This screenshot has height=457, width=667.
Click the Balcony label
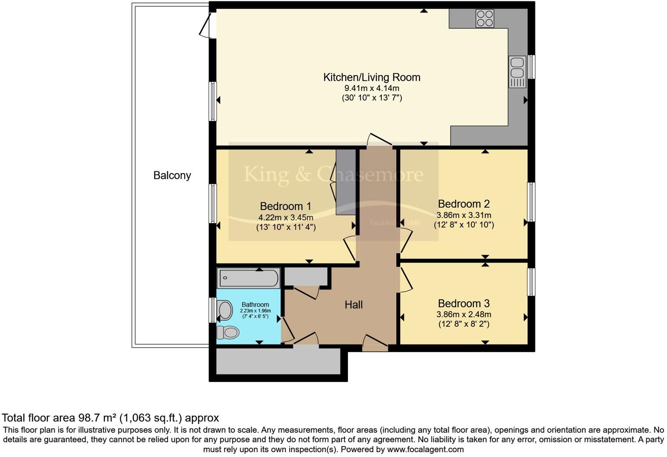coord(172,175)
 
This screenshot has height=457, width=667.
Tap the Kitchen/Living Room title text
coord(372,77)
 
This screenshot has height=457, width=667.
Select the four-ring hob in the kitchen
coord(484,18)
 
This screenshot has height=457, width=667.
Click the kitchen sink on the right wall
coord(517,72)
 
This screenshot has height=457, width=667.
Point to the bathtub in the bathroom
coord(248,278)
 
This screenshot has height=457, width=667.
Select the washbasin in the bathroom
coord(225,310)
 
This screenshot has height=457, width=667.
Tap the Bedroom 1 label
coord(285,206)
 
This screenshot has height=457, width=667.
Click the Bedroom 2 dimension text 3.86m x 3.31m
coord(463,215)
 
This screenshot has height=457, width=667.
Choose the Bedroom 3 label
coord(463,304)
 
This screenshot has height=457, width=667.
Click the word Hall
coord(353,305)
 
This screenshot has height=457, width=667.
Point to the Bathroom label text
coord(255,305)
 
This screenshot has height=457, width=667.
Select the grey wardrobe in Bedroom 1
coord(345,182)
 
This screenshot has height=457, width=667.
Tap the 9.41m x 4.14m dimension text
coord(372,88)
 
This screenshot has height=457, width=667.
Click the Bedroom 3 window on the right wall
coord(531,282)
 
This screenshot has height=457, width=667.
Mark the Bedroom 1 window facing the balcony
coord(213,203)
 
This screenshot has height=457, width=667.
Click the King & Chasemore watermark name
coord(333,174)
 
